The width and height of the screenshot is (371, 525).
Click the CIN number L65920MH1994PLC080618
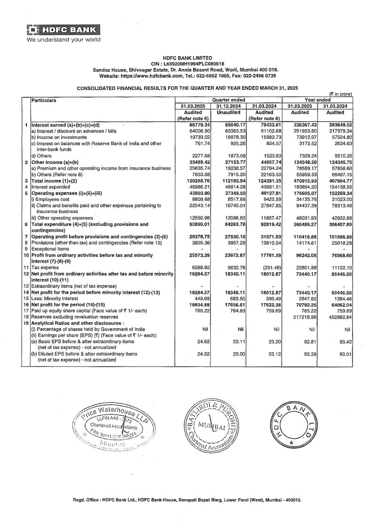coord(187,64)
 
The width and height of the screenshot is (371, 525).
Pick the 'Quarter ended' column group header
coord(228,100)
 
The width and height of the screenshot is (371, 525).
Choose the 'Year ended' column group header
coord(318,100)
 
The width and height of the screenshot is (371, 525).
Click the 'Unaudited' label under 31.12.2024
coord(228,112)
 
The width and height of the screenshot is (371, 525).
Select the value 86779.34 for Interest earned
coord(200,125)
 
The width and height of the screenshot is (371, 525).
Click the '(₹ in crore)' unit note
coord(340,94)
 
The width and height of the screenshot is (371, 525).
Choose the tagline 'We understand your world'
coord(64,40)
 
